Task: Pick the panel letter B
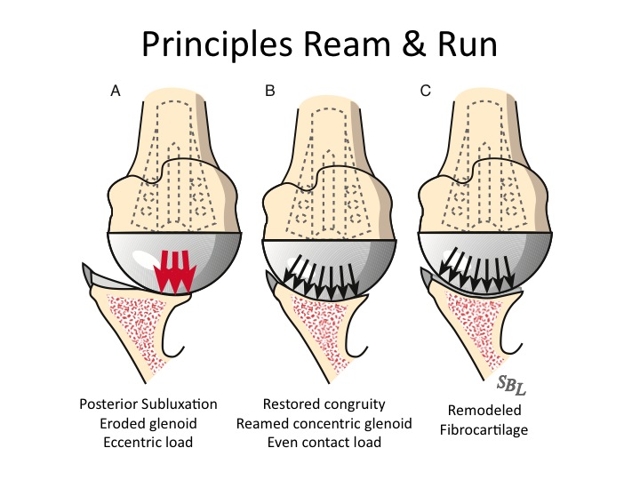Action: coord(269,92)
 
